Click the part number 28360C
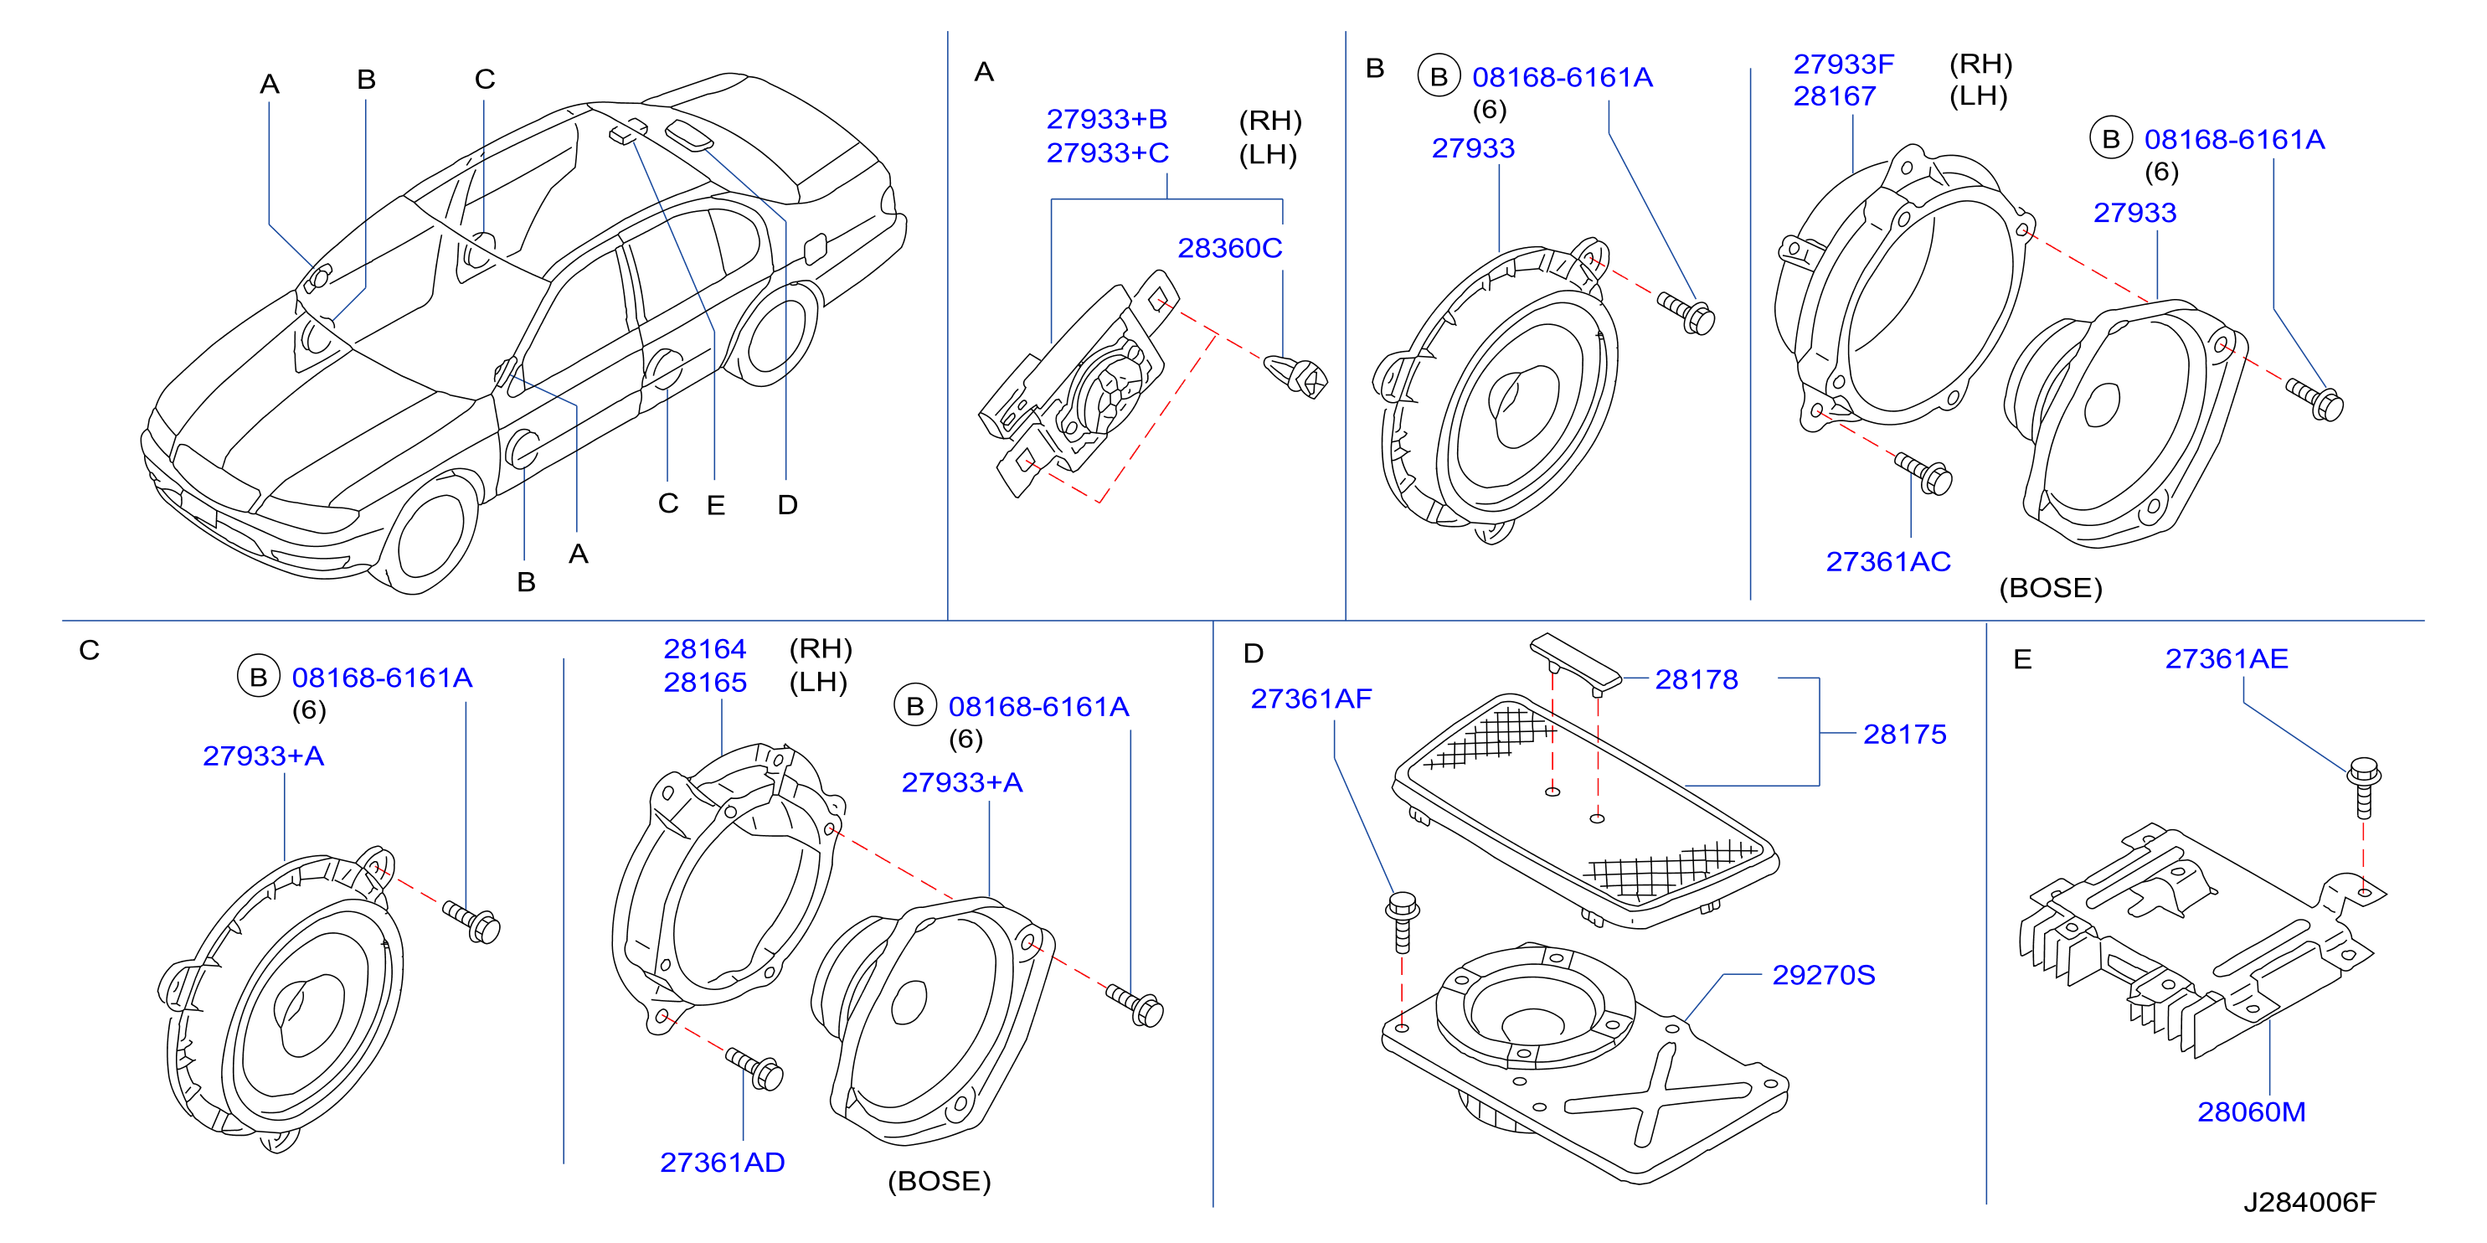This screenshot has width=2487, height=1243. pos(1229,248)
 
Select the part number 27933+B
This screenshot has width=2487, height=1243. pos(1106,119)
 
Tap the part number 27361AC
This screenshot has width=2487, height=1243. pos(1887,561)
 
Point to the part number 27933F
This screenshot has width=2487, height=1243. pos(1843,64)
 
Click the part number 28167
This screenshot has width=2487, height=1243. pos(1835,96)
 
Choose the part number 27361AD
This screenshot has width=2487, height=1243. pos(722,1162)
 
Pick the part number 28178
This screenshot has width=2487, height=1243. pos(1697,679)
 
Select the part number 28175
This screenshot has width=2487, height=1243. pos(1904,734)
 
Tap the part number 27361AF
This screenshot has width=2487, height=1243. pos(1311,699)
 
